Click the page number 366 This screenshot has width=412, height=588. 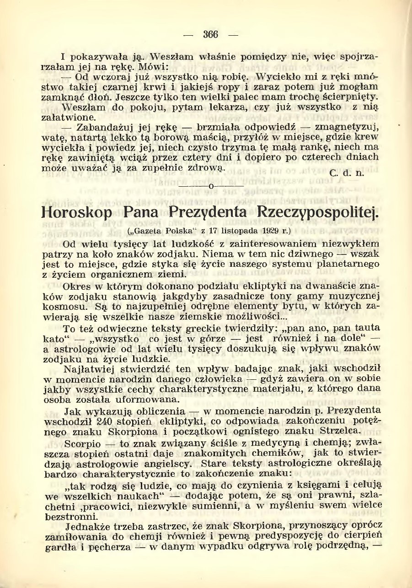tap(211, 34)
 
